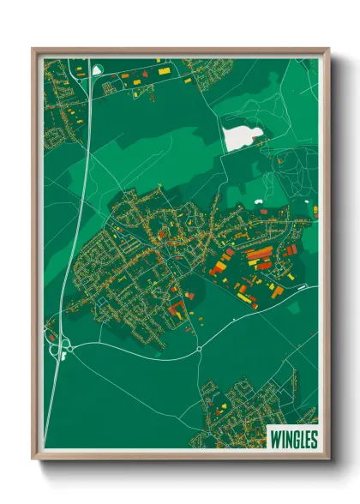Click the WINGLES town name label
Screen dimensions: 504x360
pos(293,439)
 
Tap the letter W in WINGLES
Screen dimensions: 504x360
pos(274,439)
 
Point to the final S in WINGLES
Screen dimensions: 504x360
pos(314,439)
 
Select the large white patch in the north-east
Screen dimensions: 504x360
pos(242,136)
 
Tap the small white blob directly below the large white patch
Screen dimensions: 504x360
pos(259,202)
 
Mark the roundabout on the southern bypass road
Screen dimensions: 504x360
pos(199,348)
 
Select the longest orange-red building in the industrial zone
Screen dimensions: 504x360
pos(260,254)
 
